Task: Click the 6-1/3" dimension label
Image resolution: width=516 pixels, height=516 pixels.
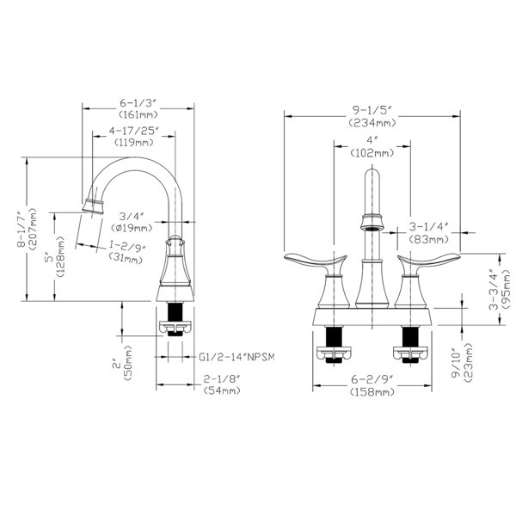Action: [x=138, y=103]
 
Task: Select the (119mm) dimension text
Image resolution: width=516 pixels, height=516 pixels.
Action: [x=134, y=143]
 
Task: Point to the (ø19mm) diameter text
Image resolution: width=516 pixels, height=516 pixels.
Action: [x=132, y=228]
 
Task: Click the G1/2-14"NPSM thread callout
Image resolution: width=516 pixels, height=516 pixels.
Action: [x=236, y=357]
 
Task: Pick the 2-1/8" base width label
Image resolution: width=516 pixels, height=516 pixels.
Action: [x=222, y=379]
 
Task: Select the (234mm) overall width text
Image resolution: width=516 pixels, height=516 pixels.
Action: [x=372, y=123]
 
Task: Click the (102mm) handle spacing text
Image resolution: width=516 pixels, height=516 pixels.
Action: [x=372, y=153]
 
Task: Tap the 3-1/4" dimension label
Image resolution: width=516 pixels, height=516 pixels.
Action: [x=429, y=226]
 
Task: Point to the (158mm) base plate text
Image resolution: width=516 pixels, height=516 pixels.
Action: [x=372, y=392]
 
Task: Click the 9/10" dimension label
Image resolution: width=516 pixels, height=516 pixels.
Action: [x=457, y=363]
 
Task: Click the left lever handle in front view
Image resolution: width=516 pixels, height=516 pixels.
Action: [x=316, y=261]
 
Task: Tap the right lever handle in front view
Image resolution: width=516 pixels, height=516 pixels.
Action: [x=428, y=261]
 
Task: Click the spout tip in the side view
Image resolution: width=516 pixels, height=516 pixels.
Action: [x=93, y=206]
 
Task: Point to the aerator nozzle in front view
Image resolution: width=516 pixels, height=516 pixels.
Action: [x=372, y=223]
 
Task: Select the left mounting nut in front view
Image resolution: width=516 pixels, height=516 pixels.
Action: [x=334, y=353]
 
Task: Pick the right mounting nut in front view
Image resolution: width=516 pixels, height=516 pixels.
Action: [x=411, y=353]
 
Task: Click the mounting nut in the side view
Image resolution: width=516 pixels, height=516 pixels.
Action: [x=175, y=327]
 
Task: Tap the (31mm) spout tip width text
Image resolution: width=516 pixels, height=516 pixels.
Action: [x=126, y=258]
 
